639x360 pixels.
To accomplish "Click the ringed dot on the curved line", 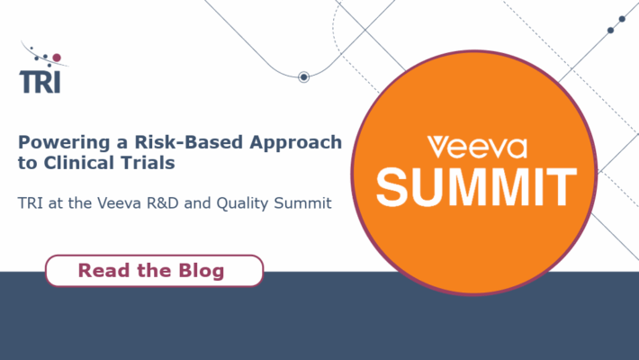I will click(x=303, y=77).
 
